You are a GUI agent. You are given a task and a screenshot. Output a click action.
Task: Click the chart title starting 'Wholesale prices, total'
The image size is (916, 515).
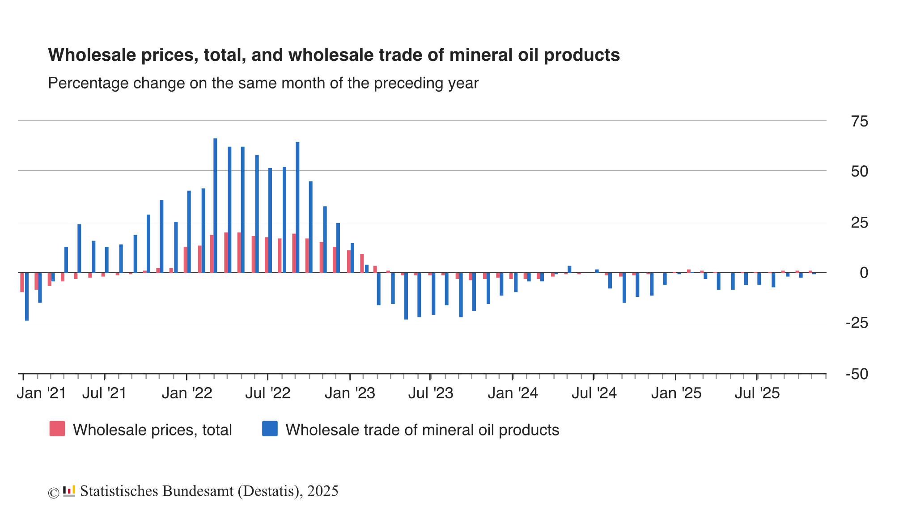334,55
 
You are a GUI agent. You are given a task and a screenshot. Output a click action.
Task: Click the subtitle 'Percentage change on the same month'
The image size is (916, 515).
263,83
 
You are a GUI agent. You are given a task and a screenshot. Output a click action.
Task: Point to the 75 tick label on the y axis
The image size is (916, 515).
860,121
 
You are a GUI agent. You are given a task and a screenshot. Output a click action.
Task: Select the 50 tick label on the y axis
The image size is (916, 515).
860,171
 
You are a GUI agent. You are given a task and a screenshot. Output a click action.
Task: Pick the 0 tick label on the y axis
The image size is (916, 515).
864,272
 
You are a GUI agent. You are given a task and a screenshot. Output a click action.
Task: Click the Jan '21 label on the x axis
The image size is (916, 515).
42,393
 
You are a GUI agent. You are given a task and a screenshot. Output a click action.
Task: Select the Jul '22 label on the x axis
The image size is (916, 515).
268,393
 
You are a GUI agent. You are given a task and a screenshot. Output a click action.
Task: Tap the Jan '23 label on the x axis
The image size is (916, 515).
350,393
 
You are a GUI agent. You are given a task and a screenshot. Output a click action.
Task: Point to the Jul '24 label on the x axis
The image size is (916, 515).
594,393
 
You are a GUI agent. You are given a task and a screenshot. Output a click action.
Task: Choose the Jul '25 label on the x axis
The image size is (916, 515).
757,393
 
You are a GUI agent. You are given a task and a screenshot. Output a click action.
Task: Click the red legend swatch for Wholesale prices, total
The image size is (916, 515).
57,429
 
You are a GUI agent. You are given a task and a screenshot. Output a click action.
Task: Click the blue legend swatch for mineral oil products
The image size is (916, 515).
270,429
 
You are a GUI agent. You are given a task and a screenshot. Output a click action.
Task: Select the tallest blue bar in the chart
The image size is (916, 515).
215,205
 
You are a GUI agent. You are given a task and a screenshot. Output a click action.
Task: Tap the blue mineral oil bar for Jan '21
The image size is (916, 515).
27,296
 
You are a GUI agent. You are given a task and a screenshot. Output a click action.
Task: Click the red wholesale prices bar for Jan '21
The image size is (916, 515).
22,282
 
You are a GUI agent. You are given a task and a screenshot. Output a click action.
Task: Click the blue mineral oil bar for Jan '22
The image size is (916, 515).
189,232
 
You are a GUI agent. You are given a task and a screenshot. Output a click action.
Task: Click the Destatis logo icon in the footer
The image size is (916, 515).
69,491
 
